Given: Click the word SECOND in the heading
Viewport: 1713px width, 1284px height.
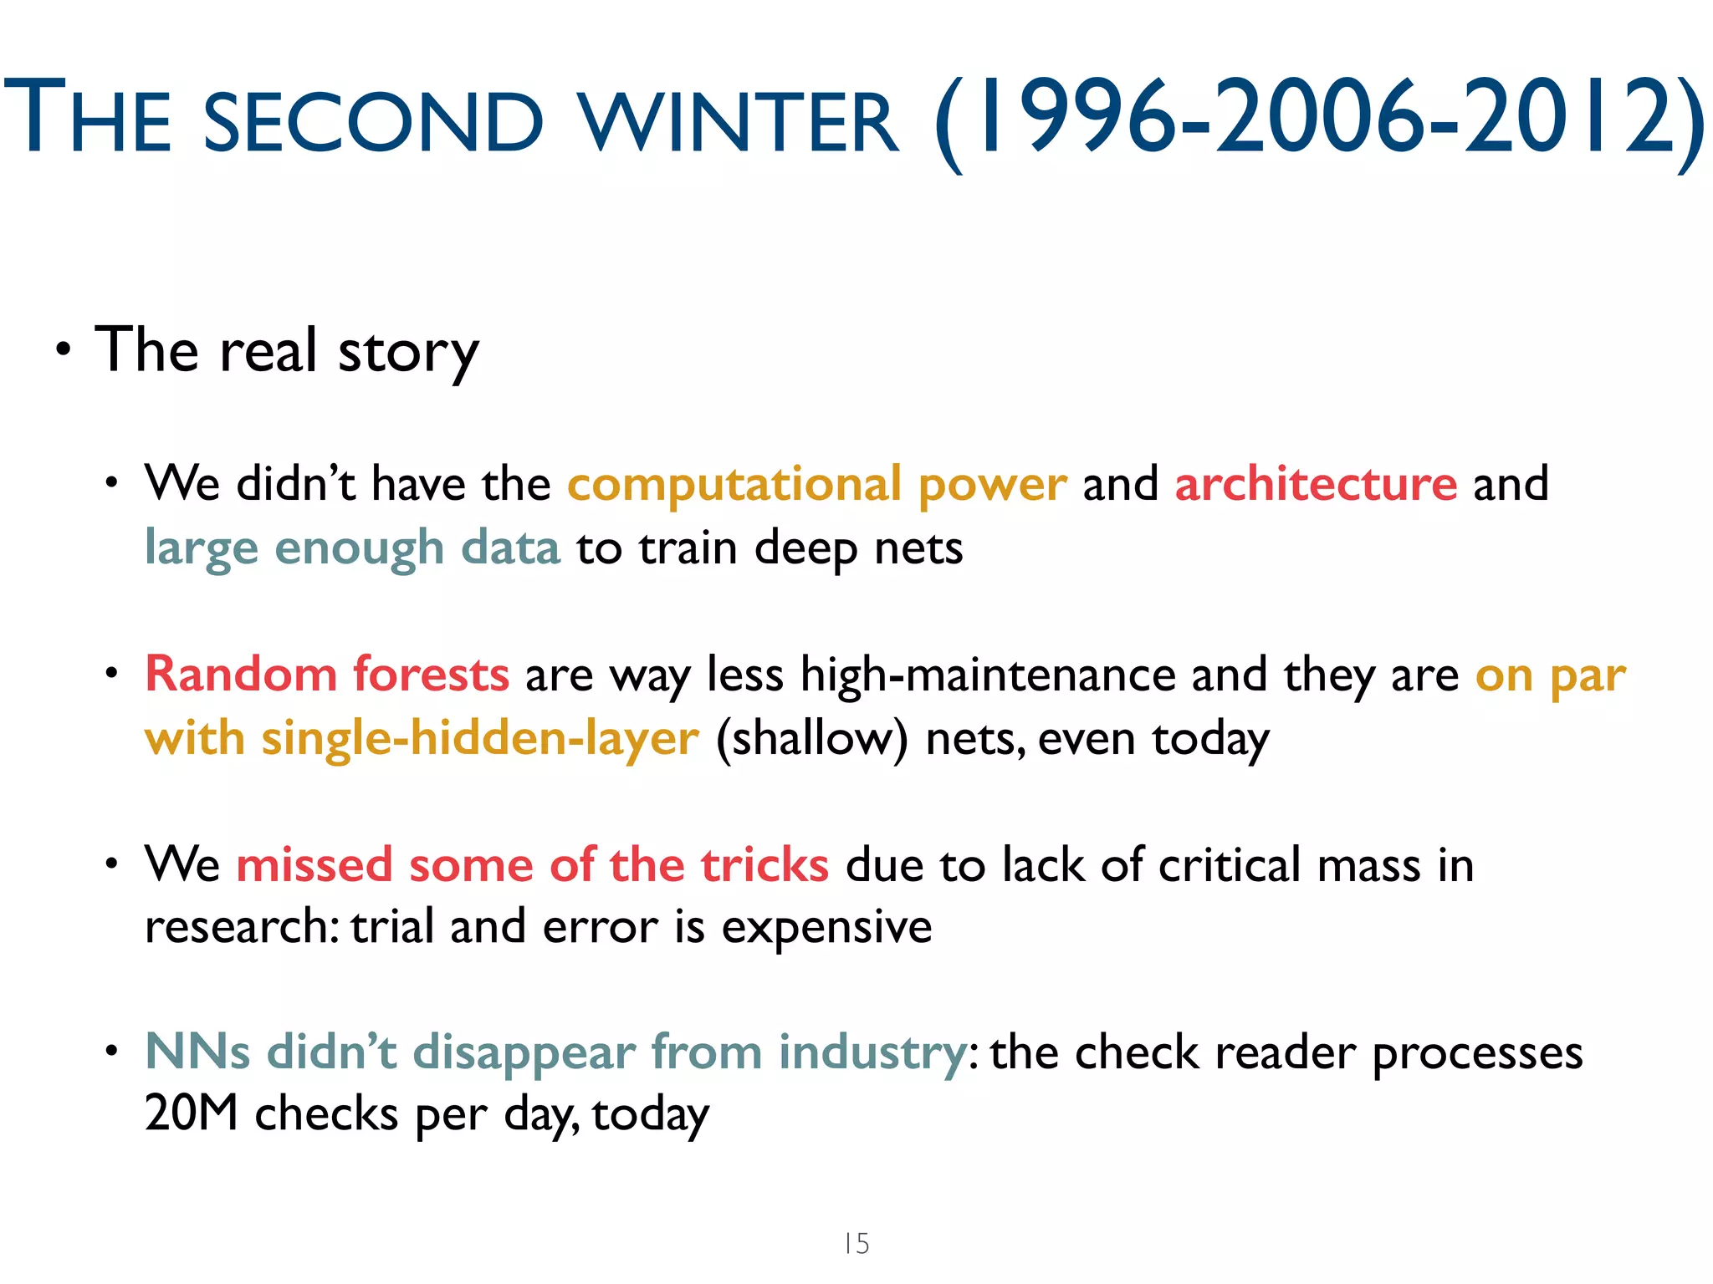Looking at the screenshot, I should click(x=373, y=124).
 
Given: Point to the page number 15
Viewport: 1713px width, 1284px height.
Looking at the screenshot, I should click(x=856, y=1243).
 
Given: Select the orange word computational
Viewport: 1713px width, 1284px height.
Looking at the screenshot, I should click(x=734, y=485).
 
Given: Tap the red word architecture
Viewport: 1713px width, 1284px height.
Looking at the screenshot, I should click(x=1316, y=485).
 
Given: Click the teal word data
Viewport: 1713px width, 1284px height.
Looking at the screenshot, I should click(x=510, y=548).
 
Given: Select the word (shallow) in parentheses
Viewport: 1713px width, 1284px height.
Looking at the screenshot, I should click(x=811, y=739).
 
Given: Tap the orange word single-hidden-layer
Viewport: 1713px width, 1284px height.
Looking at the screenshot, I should click(x=480, y=739).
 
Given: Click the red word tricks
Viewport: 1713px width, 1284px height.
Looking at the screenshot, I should click(x=764, y=864).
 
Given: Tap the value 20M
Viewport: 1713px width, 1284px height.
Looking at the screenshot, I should click(x=192, y=1113).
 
